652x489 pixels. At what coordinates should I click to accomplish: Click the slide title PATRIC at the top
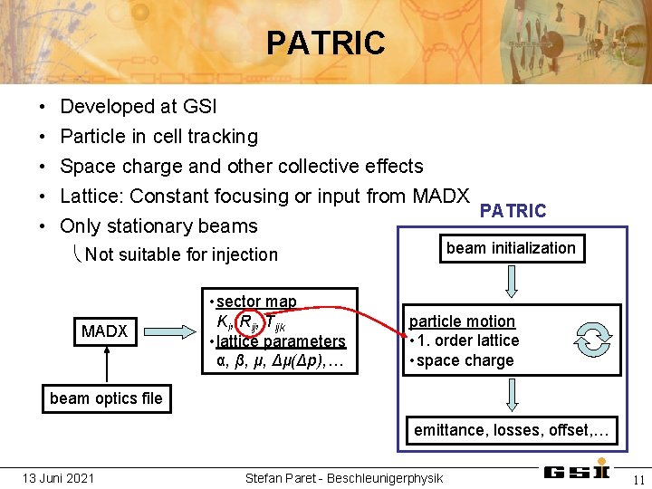325,43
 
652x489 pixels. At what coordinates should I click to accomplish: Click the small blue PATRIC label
513,211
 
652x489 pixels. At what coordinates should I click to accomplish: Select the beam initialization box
511,248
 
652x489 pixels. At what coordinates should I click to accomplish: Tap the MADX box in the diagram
104,331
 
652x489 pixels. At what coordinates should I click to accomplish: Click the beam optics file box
106,398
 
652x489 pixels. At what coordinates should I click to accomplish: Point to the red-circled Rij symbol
247,321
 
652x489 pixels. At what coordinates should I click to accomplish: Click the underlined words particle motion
462,321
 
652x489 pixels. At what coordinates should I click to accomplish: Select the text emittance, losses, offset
512,430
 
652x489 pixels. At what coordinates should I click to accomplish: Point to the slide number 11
638,479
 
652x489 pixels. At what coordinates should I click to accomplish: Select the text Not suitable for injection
181,254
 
